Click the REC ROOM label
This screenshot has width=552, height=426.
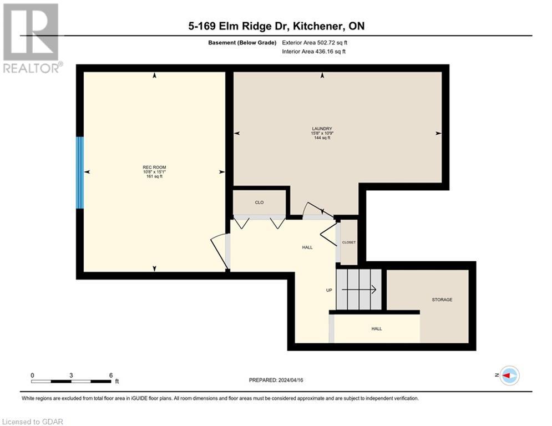point(154,168)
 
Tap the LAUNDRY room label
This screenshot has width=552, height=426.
point(321,129)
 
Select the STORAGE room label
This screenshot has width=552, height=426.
point(442,300)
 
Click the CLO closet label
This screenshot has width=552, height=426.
point(259,202)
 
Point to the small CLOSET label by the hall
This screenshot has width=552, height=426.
point(348,242)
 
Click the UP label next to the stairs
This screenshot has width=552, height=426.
point(329,290)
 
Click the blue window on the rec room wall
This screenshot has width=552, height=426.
point(80,173)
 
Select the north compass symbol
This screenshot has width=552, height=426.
point(508,376)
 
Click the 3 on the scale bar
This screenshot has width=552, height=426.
point(72,375)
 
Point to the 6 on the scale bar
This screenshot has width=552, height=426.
point(111,375)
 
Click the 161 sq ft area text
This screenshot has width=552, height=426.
point(154,176)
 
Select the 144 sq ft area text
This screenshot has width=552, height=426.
point(321,138)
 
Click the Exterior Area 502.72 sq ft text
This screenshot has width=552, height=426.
point(315,42)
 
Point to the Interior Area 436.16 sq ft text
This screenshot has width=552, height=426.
point(314,52)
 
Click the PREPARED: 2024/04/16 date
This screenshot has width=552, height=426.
point(276,380)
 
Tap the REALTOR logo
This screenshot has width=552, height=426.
point(31,38)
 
